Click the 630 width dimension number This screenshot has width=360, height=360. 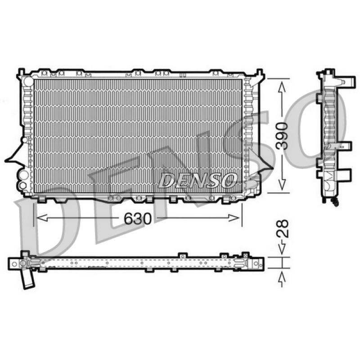pyautogui.click(x=138, y=218)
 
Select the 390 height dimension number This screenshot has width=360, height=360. pyautogui.click(x=282, y=136)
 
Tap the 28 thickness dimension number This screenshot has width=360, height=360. pyautogui.click(x=282, y=229)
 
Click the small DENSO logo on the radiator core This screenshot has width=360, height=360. pyautogui.click(x=198, y=180)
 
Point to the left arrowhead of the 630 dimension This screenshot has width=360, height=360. pyautogui.click(x=42, y=218)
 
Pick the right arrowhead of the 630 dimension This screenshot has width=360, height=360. pyautogui.click(x=234, y=218)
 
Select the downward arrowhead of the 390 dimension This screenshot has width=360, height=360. pyautogui.click(x=282, y=184)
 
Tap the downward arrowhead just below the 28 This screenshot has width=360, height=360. pyautogui.click(x=282, y=249)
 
